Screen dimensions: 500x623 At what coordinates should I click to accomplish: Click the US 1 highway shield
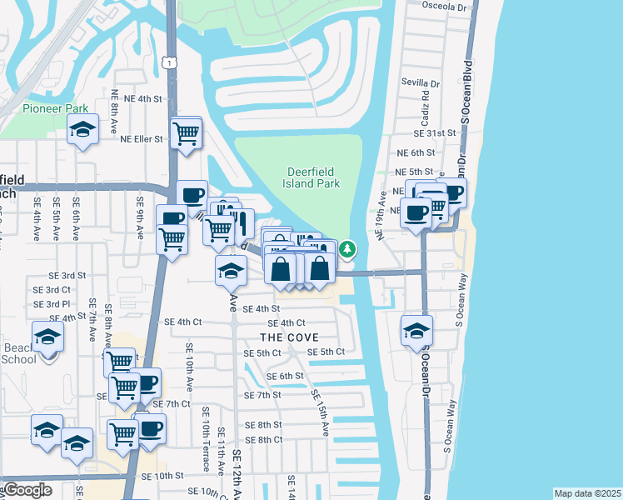click(x=170, y=63)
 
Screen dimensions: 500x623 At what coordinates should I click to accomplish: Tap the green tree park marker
click(x=347, y=248)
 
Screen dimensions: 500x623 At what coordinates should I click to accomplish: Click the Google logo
click(x=27, y=490)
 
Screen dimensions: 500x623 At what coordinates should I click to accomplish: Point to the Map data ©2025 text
click(x=587, y=493)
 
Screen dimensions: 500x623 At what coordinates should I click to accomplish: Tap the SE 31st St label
click(x=436, y=132)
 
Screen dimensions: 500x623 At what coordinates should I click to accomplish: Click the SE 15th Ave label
click(x=320, y=412)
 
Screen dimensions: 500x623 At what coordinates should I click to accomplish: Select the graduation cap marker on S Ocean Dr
click(x=416, y=330)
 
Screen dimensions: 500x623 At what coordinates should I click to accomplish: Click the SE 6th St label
click(x=285, y=376)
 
